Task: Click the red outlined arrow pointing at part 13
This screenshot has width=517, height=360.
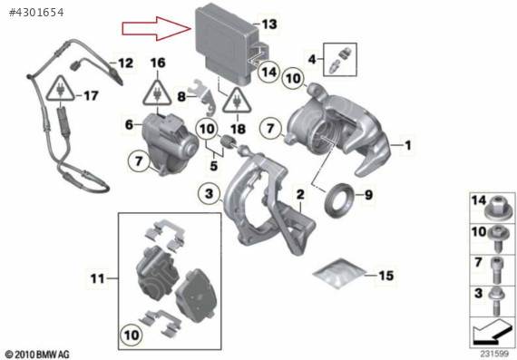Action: point(157,28)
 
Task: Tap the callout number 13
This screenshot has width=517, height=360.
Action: point(269,24)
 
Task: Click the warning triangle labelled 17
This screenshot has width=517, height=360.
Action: point(60,89)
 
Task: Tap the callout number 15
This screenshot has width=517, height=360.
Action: point(385,276)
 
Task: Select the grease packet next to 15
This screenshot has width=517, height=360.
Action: point(339,273)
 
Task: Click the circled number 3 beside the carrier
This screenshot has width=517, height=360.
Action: point(209,193)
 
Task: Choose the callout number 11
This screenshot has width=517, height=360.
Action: point(98,278)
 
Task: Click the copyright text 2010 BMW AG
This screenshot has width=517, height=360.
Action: point(37,355)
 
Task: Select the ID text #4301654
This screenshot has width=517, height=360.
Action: point(36,13)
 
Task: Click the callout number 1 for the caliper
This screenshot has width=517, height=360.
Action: point(408,145)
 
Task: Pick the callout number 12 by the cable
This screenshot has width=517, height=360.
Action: point(125,63)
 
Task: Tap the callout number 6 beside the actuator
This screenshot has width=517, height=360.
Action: point(129,124)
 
